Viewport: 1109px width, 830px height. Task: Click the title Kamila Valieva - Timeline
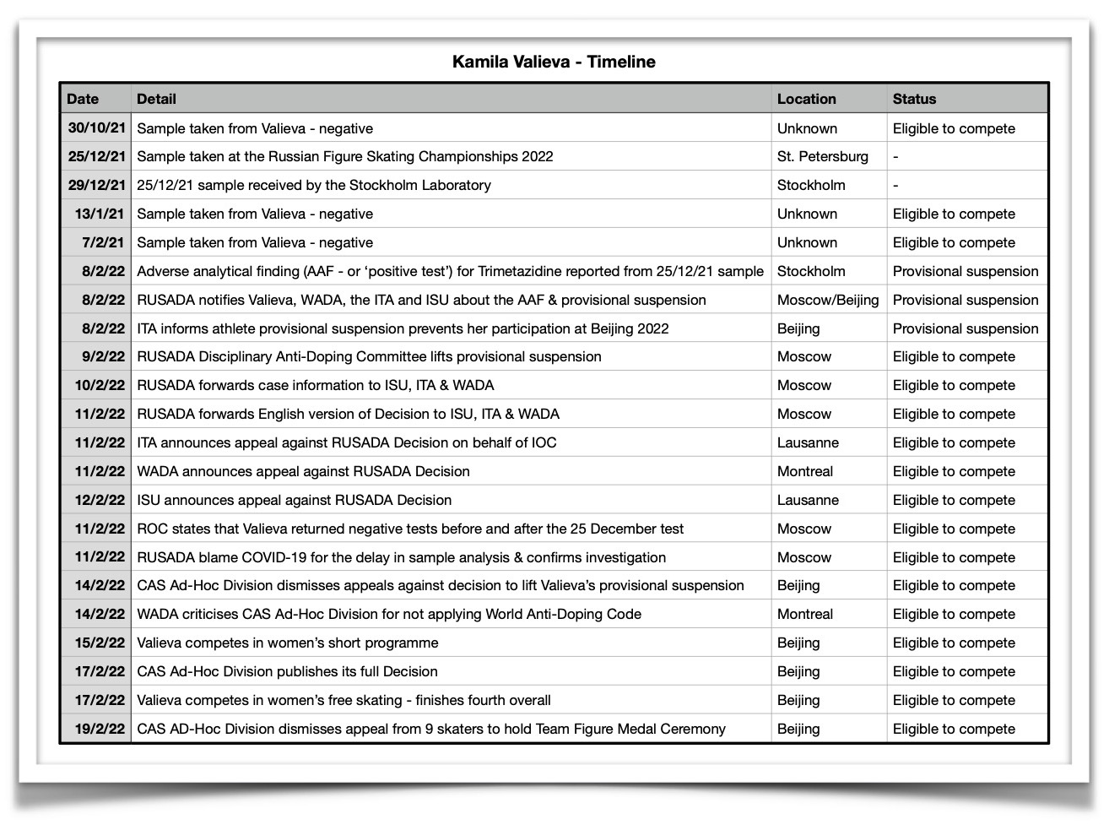[554, 62]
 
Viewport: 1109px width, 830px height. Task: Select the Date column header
[83, 99]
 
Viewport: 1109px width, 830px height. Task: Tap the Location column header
[806, 99]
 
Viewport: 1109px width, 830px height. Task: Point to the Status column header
[914, 99]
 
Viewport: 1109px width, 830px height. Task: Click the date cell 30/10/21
[96, 128]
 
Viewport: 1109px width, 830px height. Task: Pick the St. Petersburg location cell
[822, 156]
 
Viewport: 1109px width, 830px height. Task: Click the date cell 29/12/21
[96, 185]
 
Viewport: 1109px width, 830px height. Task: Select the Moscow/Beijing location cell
[827, 300]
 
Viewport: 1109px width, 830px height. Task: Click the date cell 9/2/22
[103, 356]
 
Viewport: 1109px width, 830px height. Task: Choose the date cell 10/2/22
[100, 385]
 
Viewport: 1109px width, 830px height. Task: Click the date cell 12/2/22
[100, 500]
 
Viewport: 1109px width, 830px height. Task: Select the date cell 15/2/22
[100, 643]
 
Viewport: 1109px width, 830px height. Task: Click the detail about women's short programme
[287, 643]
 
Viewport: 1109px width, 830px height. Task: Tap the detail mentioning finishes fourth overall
[344, 700]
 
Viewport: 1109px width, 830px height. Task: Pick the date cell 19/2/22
[100, 729]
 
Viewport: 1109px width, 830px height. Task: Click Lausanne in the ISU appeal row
[808, 500]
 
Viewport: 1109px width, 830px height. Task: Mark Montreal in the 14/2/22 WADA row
[804, 614]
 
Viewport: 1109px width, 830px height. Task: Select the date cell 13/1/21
[100, 214]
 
